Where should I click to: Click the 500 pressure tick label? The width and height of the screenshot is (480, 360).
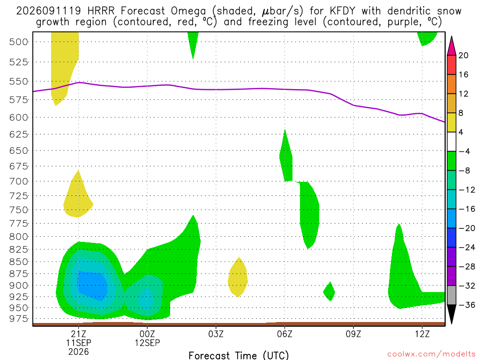[19, 42]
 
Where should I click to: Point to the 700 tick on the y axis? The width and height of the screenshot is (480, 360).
[19, 181]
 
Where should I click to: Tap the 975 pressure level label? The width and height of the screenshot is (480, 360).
[19, 319]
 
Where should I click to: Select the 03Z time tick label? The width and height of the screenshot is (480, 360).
[216, 334]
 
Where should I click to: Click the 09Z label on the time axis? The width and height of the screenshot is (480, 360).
[353, 334]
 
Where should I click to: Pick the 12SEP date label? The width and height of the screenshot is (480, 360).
[147, 343]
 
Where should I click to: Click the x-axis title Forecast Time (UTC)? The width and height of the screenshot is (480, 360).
[239, 355]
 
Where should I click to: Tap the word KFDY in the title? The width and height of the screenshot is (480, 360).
[343, 11]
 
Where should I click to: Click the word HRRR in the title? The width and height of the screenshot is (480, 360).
[101, 11]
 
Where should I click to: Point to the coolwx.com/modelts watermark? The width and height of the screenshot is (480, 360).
[431, 354]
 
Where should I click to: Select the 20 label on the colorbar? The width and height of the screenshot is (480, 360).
[464, 55]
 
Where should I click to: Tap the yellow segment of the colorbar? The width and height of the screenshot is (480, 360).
[451, 122]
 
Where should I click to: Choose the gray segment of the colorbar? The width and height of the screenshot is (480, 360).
[451, 295]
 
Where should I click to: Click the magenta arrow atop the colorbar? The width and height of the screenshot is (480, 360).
[451, 46]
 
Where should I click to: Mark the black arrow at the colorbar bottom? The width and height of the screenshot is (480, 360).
[451, 314]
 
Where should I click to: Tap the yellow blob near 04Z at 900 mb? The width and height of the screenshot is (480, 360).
[238, 277]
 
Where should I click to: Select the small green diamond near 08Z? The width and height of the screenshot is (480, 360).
[329, 292]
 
